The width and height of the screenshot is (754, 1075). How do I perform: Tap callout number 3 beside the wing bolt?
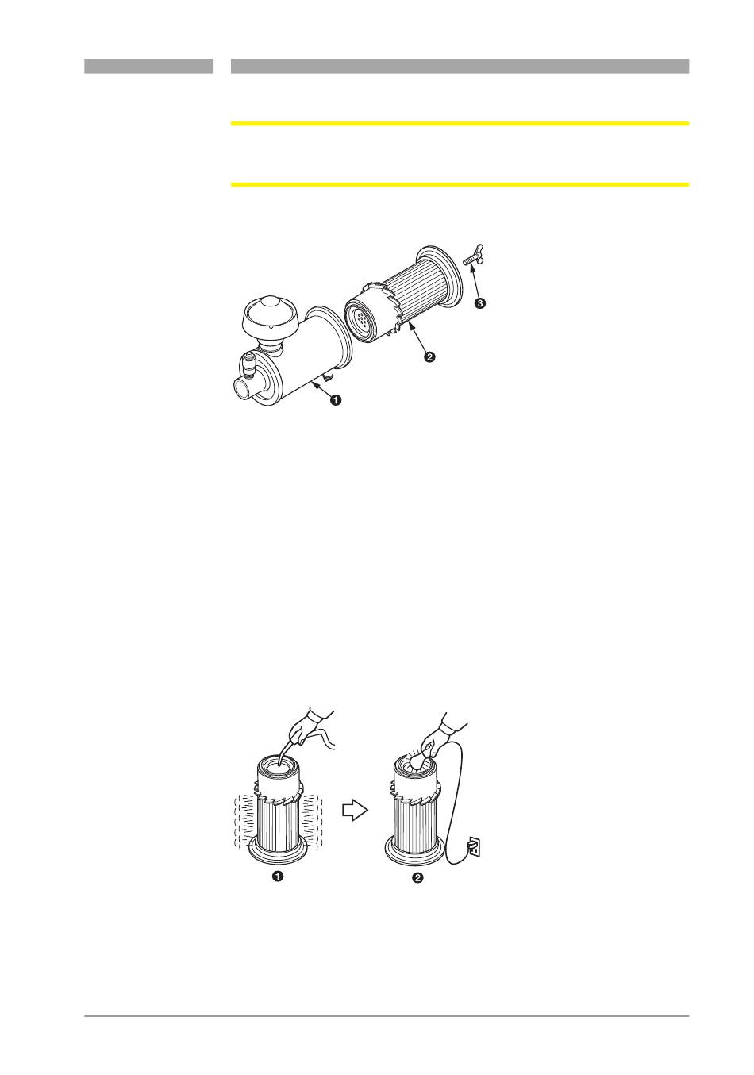(479, 302)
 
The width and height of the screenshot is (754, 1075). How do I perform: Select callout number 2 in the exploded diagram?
(429, 356)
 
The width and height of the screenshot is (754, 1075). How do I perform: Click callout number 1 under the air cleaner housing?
(337, 399)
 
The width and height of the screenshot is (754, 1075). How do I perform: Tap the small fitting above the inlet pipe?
(249, 364)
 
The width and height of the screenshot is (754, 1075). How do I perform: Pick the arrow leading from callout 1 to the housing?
(321, 390)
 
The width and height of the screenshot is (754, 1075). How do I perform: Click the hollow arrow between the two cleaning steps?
(355, 811)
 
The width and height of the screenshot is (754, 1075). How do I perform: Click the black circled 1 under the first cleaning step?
(277, 877)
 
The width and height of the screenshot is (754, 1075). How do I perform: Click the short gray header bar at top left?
(148, 66)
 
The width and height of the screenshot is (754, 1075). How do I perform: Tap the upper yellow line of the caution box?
(460, 123)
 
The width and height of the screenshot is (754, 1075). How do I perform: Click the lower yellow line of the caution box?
(460, 184)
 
